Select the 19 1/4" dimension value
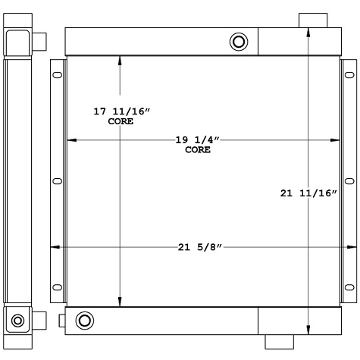coord(197,140)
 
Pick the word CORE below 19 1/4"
coord(197,150)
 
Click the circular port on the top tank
coord(239,41)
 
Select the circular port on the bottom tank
coord(85,319)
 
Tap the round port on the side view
coord(17,319)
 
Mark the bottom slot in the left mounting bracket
coord(58,286)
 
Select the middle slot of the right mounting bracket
coord(349,180)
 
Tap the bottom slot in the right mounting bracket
coord(349,286)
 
